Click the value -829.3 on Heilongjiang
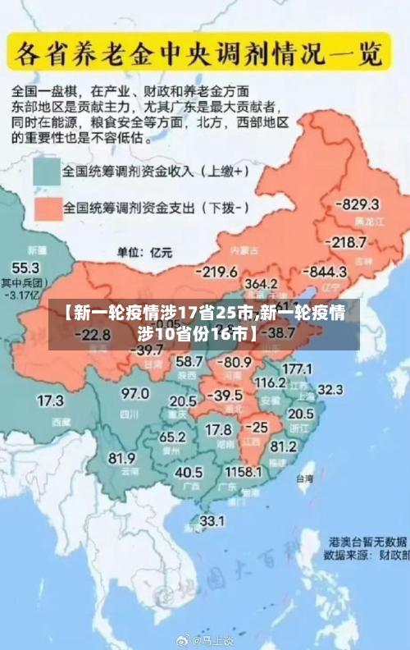coord(360,204)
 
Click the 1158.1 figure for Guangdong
coord(244,473)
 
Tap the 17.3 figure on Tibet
coord(50,401)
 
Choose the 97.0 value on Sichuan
coord(134,394)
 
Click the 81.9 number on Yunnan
coord(121,458)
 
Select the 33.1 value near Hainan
coord(212,520)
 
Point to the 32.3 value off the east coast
coord(330,388)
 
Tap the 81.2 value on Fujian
coord(283,446)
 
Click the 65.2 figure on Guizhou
coord(172,437)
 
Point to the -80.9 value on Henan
coord(236,361)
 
